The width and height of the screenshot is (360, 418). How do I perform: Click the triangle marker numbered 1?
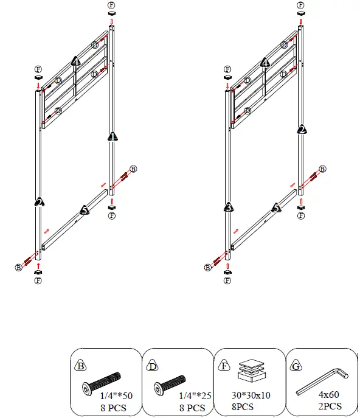coord(112,136)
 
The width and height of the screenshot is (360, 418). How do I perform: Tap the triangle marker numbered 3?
coord(228,206)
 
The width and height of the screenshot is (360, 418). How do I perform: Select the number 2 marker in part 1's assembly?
coord(39,201)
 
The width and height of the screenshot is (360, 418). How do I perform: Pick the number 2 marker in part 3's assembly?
coord(301,129)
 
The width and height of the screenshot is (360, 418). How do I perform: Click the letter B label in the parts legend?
coord(81,366)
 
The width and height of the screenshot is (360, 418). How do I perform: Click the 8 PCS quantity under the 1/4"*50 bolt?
coord(114,406)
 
